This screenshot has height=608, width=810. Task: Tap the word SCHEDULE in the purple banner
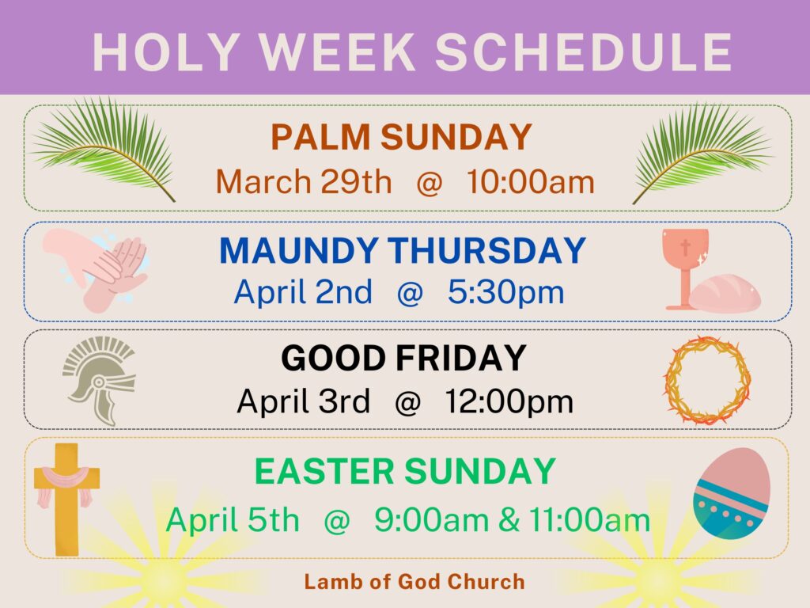pyautogui.click(x=583, y=53)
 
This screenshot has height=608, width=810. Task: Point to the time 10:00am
pyautogui.click(x=530, y=182)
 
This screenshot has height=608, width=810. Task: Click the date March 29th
pyautogui.click(x=304, y=182)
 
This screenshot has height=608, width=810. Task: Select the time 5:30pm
pyautogui.click(x=505, y=293)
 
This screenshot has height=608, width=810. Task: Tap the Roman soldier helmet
pyautogui.click(x=98, y=378)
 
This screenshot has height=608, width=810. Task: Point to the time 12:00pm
pyautogui.click(x=509, y=402)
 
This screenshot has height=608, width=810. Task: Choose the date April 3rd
pyautogui.click(x=304, y=402)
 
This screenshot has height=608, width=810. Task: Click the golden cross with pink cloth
pyautogui.click(x=66, y=495)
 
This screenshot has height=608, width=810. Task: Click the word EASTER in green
pyautogui.click(x=324, y=472)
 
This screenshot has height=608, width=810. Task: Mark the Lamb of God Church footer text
pyautogui.click(x=414, y=582)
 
